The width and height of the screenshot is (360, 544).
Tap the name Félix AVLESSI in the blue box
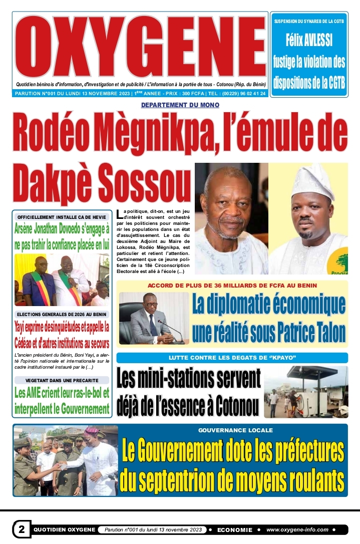[309, 40]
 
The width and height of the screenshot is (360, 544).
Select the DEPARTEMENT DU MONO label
[180, 105]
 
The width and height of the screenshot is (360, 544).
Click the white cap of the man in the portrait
[313, 180]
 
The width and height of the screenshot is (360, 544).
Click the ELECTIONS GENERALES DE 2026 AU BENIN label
[62, 314]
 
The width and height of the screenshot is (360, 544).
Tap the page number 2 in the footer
[22, 529]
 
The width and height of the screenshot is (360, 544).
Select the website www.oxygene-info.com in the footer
[297, 529]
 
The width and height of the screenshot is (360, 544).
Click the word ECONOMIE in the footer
[235, 529]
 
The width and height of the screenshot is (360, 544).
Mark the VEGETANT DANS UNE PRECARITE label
[62, 380]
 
